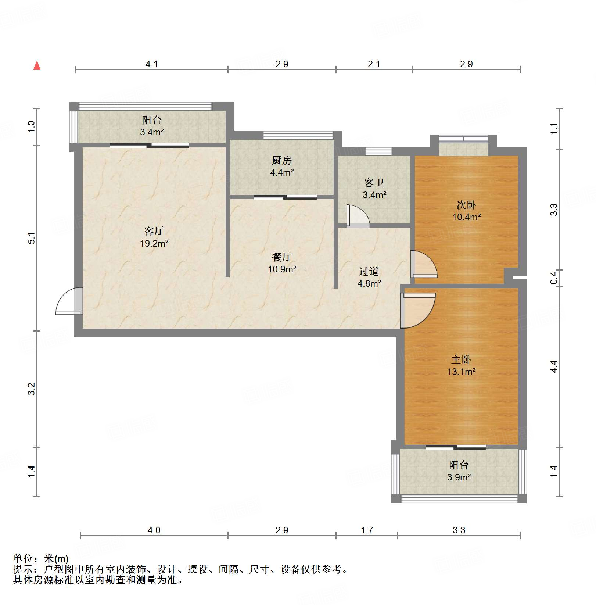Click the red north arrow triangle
37,66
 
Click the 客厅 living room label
154,231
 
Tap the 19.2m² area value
154,243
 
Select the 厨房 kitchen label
282,160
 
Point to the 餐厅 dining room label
282,257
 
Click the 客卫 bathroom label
374,183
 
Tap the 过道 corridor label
369,271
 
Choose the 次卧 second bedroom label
466,205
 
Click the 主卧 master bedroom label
461,359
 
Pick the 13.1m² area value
461,372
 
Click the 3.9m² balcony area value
459,477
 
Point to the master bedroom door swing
418,309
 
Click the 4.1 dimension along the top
151,64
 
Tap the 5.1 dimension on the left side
32,238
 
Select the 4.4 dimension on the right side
554,366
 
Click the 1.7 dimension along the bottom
367,530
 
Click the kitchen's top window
298,135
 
